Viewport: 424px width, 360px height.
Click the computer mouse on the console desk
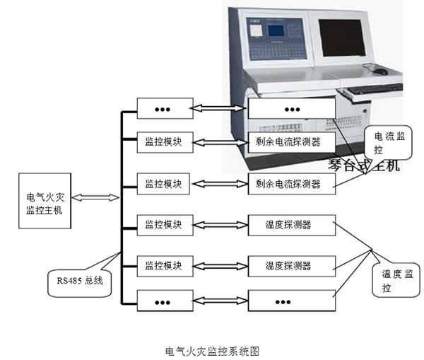pos(380,71)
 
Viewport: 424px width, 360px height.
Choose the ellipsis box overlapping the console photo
pos(290,110)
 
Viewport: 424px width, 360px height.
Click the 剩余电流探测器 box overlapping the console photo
pos(290,142)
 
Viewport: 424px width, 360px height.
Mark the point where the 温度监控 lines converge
pos(372,249)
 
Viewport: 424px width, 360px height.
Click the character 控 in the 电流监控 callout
pos(378,150)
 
